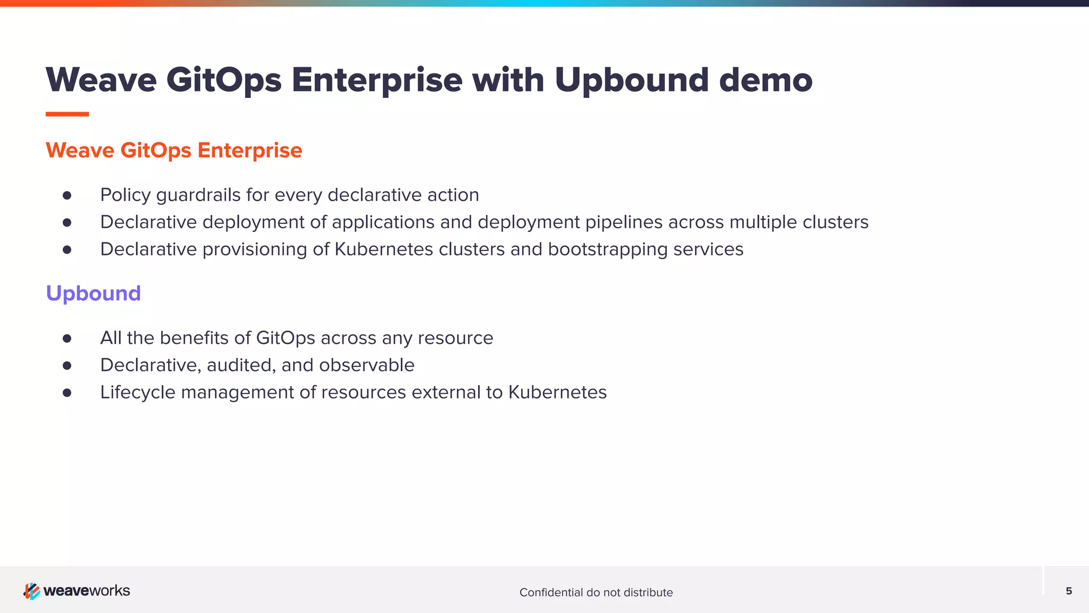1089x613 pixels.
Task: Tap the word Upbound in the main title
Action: (632, 81)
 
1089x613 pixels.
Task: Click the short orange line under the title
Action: (67, 114)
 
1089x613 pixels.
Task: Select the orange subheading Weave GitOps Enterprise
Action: (174, 151)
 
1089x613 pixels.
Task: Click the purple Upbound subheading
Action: (93, 293)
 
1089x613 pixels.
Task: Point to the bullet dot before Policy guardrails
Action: (67, 195)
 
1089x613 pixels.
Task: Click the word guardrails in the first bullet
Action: (198, 195)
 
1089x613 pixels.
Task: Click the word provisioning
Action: (255, 250)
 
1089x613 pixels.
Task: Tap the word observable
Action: (366, 365)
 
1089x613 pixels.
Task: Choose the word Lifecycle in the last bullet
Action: (138, 393)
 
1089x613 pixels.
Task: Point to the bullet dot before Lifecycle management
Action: (67, 393)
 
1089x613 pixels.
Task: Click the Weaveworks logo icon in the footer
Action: (31, 591)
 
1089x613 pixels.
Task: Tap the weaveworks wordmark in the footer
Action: (87, 591)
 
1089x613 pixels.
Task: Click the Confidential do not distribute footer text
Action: (596, 592)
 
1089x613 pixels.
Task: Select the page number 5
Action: (1069, 591)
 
